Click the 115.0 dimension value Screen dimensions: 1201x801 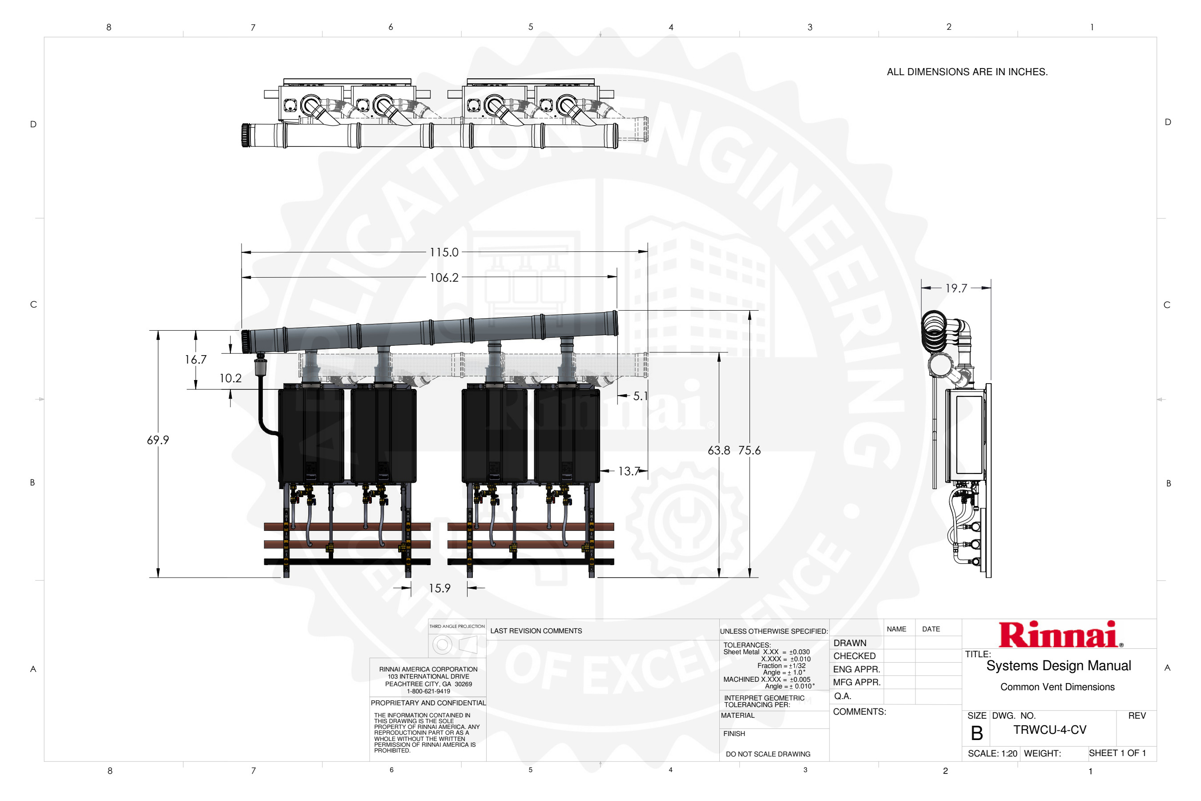tap(444, 252)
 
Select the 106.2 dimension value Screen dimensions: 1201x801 tap(444, 278)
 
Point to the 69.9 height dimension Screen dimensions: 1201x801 tap(158, 440)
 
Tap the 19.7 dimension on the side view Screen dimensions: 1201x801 tap(956, 288)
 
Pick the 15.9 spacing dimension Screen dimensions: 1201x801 tap(439, 588)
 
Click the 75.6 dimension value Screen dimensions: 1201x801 tap(749, 450)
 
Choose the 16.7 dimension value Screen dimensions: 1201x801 tap(196, 360)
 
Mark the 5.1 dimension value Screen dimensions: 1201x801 tap(641, 396)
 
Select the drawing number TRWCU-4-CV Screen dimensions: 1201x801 tap(1050, 730)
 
